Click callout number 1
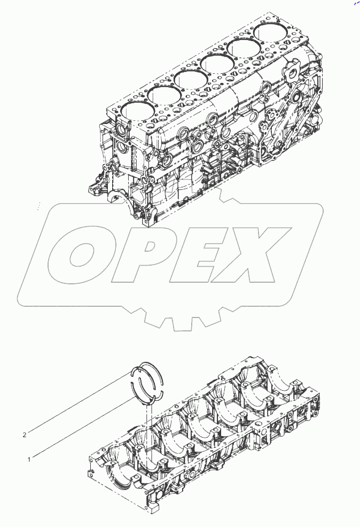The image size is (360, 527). [29, 458]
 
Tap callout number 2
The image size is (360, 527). [25, 435]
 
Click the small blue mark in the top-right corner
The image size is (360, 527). [355, 4]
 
